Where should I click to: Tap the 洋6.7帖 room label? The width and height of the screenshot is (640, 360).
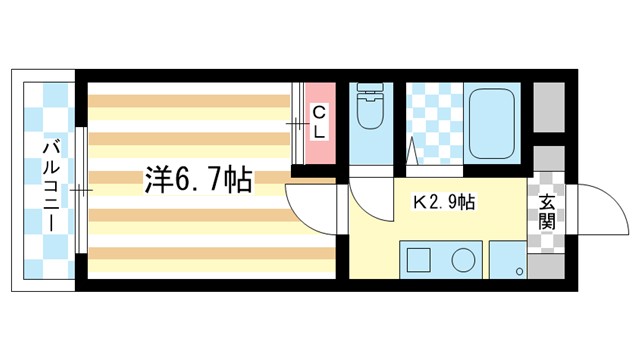pos(197,180)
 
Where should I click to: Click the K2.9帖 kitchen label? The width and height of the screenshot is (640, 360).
pos(444,201)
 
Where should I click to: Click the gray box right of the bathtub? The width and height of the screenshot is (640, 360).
pos(548,104)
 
